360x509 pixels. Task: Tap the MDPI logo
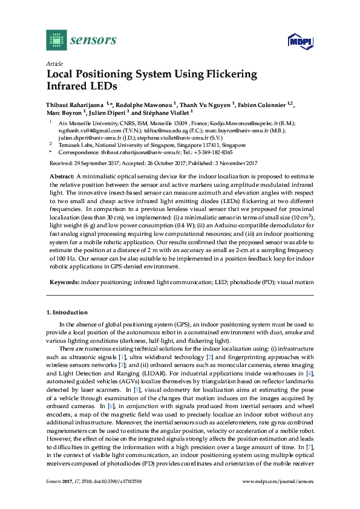(295, 42)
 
